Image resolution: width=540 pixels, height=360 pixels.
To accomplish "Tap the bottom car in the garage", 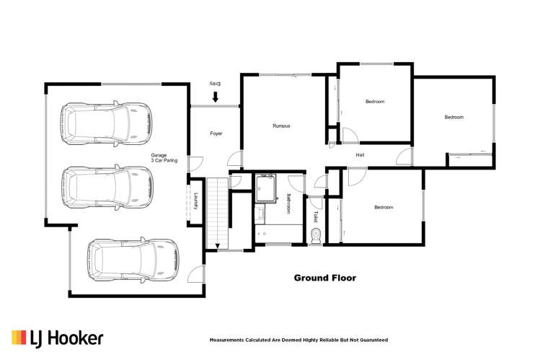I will tap(133, 260).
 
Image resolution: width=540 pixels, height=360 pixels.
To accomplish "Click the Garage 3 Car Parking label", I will tap(162, 159).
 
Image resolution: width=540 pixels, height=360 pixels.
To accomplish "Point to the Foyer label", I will tap(216, 133).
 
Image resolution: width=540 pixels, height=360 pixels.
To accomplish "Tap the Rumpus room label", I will tap(281, 126).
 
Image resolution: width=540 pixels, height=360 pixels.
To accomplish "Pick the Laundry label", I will tap(195, 201).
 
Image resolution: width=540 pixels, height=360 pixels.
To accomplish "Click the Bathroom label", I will tap(288, 204).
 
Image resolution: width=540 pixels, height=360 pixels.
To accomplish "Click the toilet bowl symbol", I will tap(315, 236).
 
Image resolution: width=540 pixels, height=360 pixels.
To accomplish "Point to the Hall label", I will tap(360, 155).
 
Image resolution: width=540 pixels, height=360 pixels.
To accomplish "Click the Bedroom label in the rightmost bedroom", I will tap(453, 117).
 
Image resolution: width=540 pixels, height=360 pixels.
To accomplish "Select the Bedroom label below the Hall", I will tap(384, 208).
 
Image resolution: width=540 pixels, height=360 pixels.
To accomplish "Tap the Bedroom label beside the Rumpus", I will tap(375, 102).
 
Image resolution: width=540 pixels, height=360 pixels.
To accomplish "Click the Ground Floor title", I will tap(324, 278).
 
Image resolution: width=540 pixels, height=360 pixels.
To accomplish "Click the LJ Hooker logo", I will tap(57, 338).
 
